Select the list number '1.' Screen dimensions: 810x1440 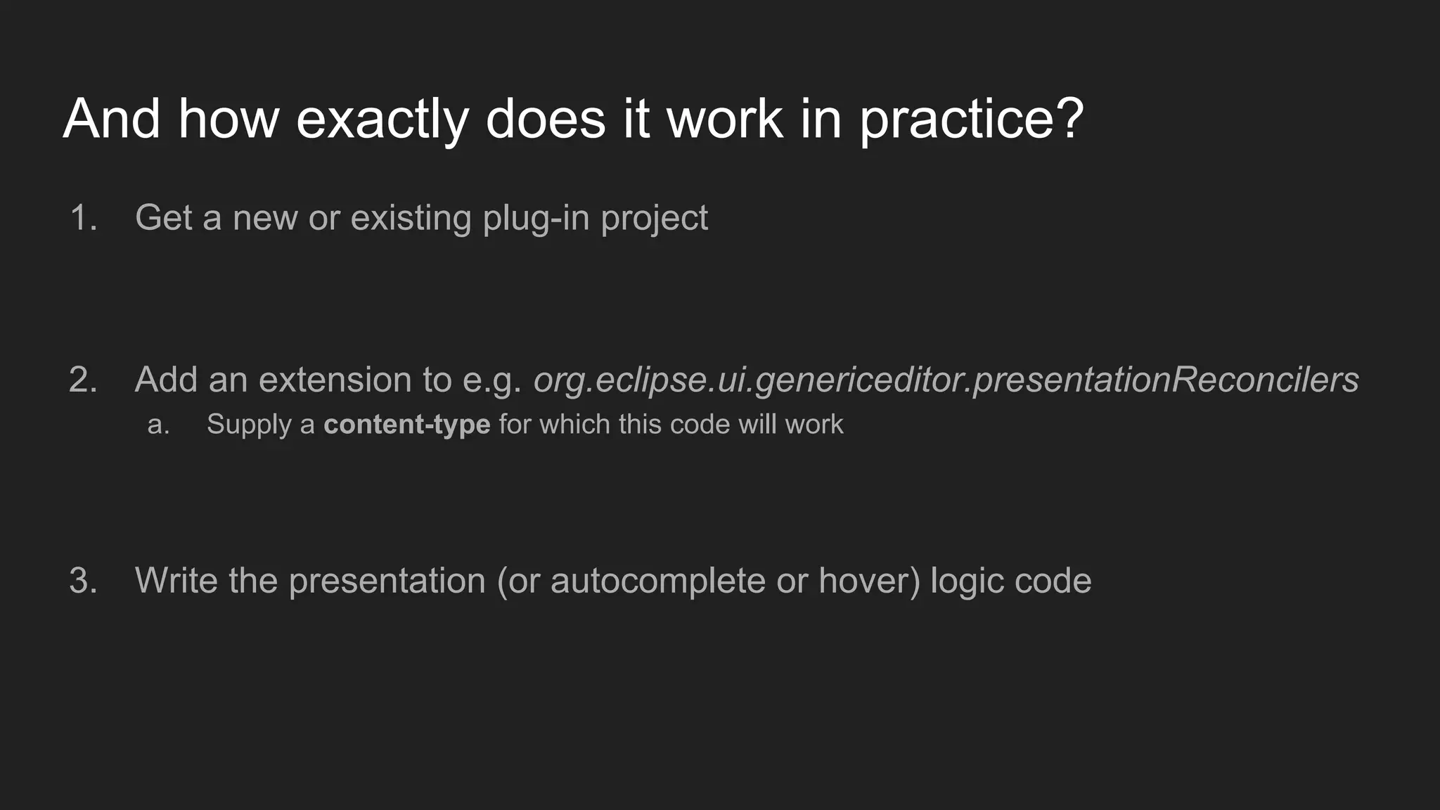(x=84, y=218)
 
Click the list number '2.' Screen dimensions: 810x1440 (x=84, y=380)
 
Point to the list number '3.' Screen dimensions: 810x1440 (x=84, y=581)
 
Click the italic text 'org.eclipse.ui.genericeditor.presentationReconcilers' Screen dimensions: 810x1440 (x=946, y=380)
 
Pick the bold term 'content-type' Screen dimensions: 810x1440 (x=406, y=425)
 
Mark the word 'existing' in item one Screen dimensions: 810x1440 (x=411, y=218)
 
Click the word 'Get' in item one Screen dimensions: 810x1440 (x=163, y=218)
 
